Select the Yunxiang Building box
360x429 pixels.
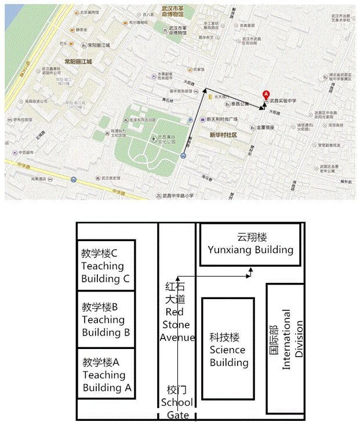tap(250, 244)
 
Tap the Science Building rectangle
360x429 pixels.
tap(228, 350)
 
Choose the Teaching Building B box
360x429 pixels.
tap(107, 319)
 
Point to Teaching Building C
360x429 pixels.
tap(107, 266)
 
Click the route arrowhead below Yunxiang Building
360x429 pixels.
tap(250, 270)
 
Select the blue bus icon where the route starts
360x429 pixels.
tap(183, 155)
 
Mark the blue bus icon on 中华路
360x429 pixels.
tap(73, 179)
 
